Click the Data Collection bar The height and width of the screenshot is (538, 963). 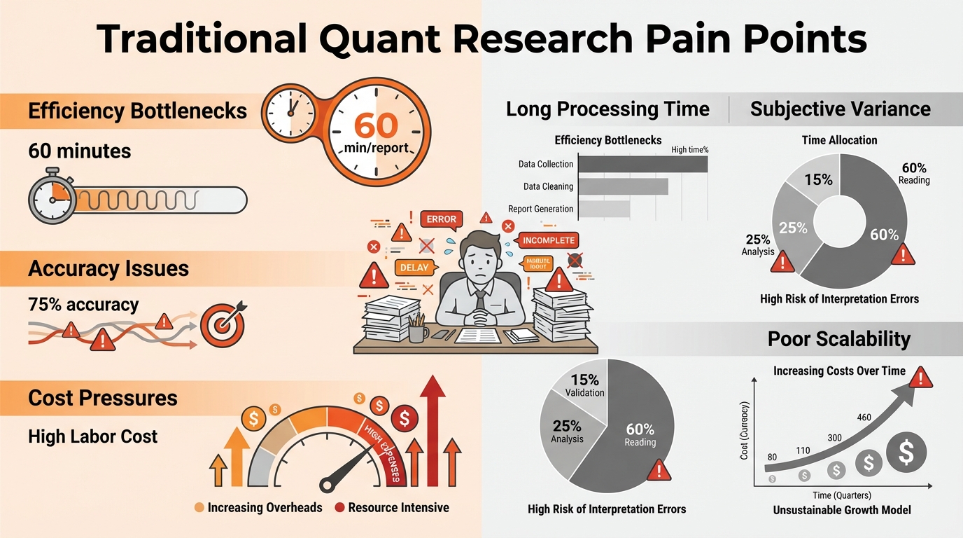(644, 164)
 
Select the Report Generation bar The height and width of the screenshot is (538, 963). (605, 209)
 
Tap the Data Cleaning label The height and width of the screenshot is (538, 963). (548, 186)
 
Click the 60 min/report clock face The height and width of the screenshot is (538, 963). (376, 132)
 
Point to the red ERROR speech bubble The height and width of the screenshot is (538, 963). (442, 219)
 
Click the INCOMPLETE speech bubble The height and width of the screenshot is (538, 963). (549, 240)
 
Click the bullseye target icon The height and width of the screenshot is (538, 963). (222, 324)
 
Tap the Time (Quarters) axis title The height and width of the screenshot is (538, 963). (841, 495)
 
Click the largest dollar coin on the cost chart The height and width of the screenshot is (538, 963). (906, 454)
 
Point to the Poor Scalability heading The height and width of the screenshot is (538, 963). (838, 339)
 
